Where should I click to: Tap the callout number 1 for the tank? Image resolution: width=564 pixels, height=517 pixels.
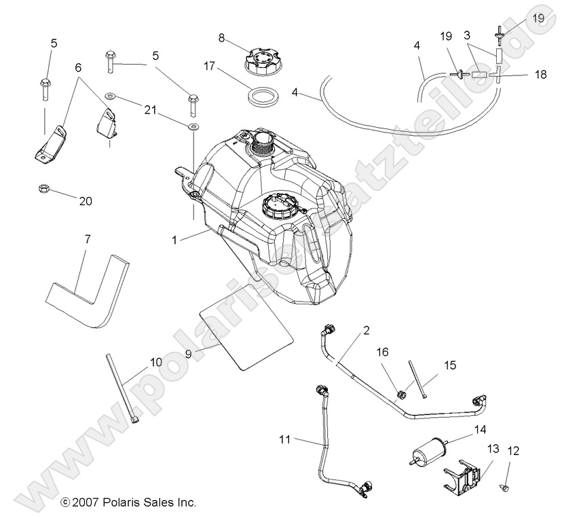pyautogui.click(x=174, y=240)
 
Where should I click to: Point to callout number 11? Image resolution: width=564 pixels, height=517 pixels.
pyautogui.click(x=284, y=440)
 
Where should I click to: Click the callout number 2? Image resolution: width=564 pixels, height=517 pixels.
pyautogui.click(x=366, y=331)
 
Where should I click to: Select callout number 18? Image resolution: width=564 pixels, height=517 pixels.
pyautogui.click(x=540, y=75)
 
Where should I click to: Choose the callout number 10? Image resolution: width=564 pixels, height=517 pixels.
pyautogui.click(x=156, y=362)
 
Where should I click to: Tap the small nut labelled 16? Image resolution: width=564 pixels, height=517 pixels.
pyautogui.click(x=402, y=393)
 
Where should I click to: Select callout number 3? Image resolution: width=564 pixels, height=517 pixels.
pyautogui.click(x=467, y=33)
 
